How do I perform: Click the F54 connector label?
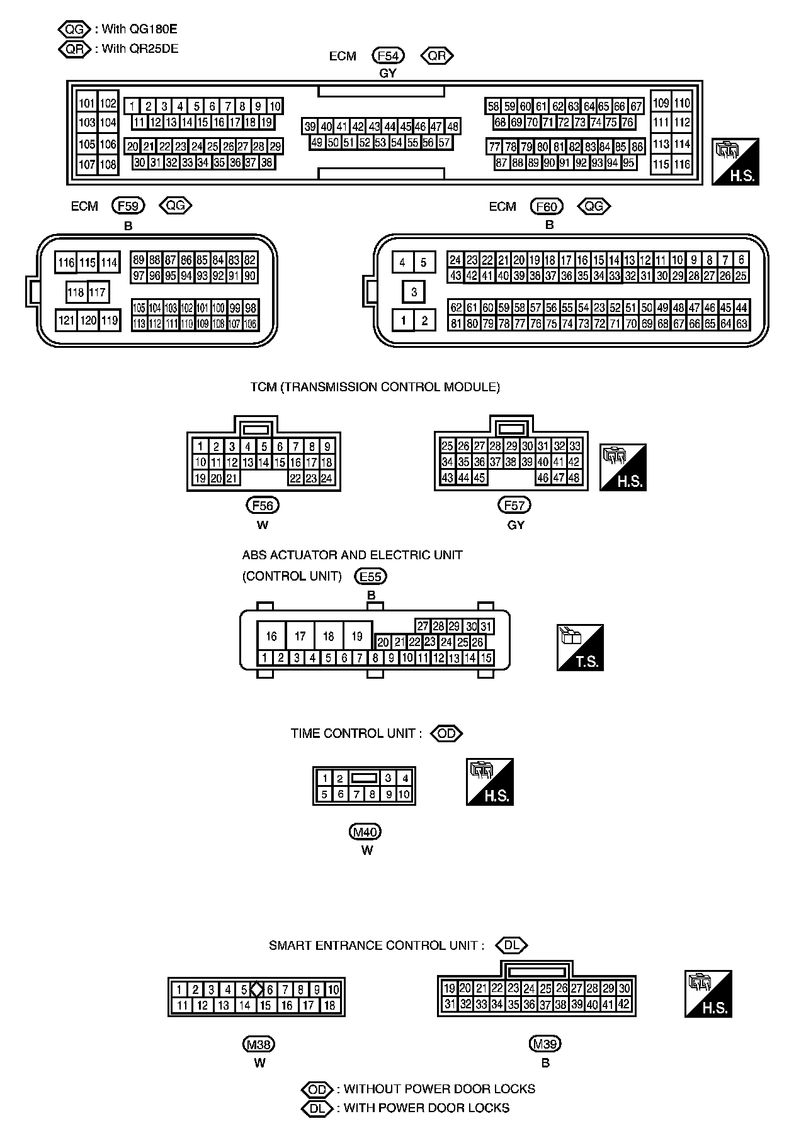click(388, 55)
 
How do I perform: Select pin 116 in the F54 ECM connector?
click(682, 165)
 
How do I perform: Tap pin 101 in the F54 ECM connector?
click(87, 103)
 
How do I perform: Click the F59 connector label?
click(128, 205)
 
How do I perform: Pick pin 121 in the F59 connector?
click(66, 320)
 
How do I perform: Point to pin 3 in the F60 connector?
click(414, 292)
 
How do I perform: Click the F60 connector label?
click(546, 206)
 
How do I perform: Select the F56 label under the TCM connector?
click(262, 504)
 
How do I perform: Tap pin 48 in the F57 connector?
click(574, 477)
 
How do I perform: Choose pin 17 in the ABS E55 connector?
click(300, 636)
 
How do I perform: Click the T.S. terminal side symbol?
click(580, 647)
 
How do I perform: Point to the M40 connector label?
click(365, 832)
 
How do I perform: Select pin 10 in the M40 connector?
click(404, 794)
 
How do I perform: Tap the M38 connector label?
click(259, 1044)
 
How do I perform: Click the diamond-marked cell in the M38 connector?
click(256, 989)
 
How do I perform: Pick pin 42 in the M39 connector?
click(623, 1005)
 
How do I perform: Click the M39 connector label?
click(545, 1044)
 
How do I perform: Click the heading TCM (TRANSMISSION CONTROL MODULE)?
click(375, 387)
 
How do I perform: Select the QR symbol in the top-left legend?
click(74, 48)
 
